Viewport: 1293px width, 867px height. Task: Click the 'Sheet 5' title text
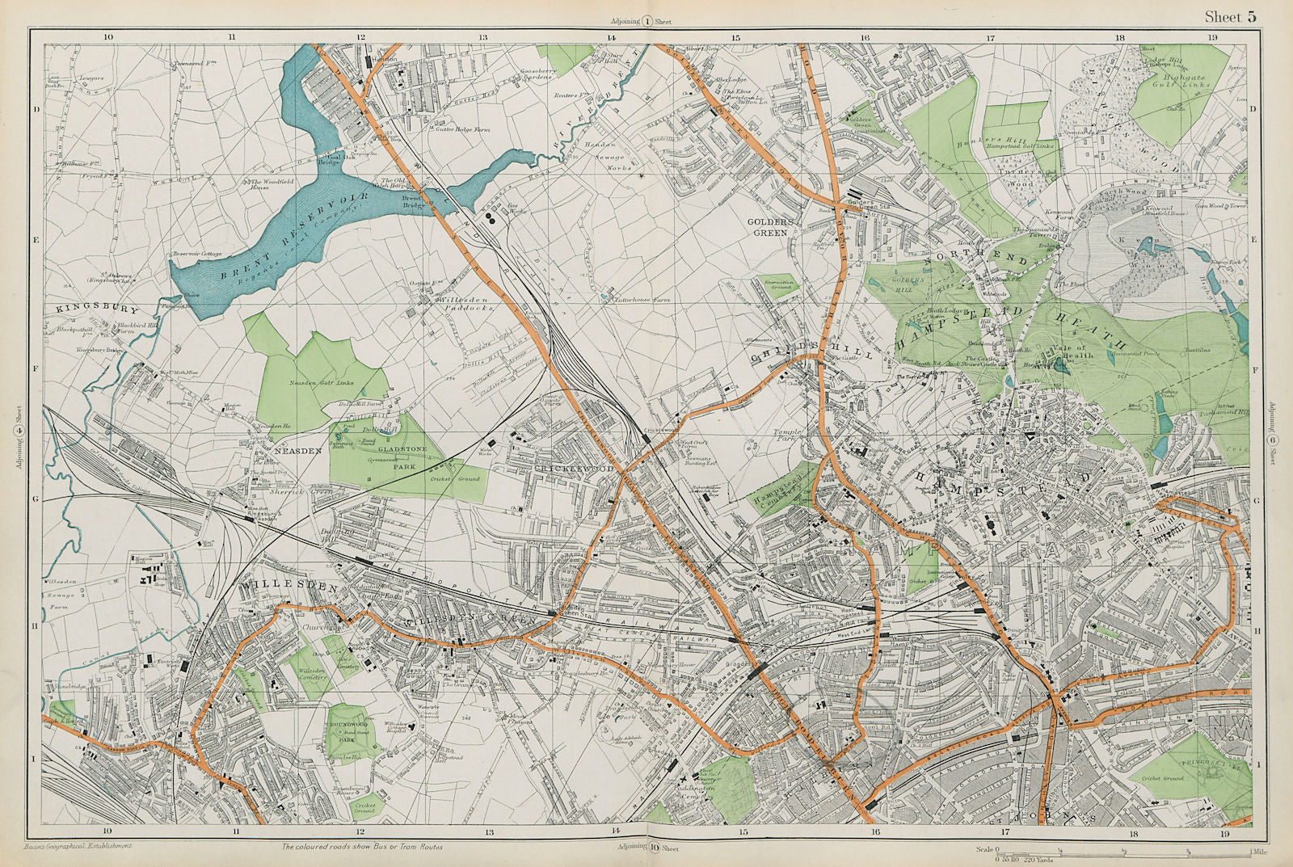point(1230,17)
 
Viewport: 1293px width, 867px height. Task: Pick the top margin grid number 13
point(482,37)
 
